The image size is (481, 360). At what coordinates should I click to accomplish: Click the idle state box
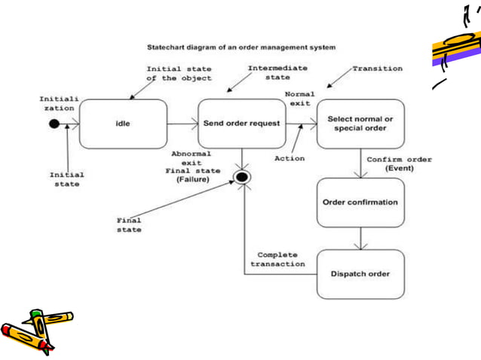(x=123, y=124)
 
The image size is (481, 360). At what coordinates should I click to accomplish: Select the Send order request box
(x=241, y=124)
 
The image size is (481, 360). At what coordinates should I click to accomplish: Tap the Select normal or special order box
(x=360, y=124)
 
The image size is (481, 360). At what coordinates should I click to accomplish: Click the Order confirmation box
(x=360, y=202)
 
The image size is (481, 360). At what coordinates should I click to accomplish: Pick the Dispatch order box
(x=360, y=273)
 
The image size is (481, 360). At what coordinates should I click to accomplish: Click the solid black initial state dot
(x=54, y=124)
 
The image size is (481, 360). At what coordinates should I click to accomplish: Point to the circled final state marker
(x=242, y=177)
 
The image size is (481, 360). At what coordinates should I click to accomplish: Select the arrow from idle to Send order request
(x=182, y=124)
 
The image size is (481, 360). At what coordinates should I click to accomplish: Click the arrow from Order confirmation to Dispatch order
(x=361, y=238)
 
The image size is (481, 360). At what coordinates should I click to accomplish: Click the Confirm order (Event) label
(x=399, y=164)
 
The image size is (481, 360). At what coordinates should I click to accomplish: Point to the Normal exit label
(x=300, y=99)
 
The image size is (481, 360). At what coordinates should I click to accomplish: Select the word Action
(x=290, y=158)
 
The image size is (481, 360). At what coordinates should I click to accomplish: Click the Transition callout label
(x=378, y=69)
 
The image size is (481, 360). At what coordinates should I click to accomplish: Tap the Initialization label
(x=57, y=103)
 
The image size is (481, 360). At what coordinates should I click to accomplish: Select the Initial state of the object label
(x=179, y=73)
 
